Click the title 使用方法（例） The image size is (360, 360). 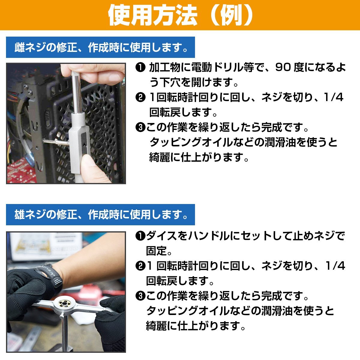(180, 15)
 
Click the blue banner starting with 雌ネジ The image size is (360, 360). (100, 47)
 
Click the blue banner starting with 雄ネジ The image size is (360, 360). (100, 215)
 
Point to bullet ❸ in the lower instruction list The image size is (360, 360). (140, 296)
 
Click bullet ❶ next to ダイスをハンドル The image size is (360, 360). (140, 236)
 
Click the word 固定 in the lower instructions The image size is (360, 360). (156, 251)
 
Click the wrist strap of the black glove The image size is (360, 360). (48, 274)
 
